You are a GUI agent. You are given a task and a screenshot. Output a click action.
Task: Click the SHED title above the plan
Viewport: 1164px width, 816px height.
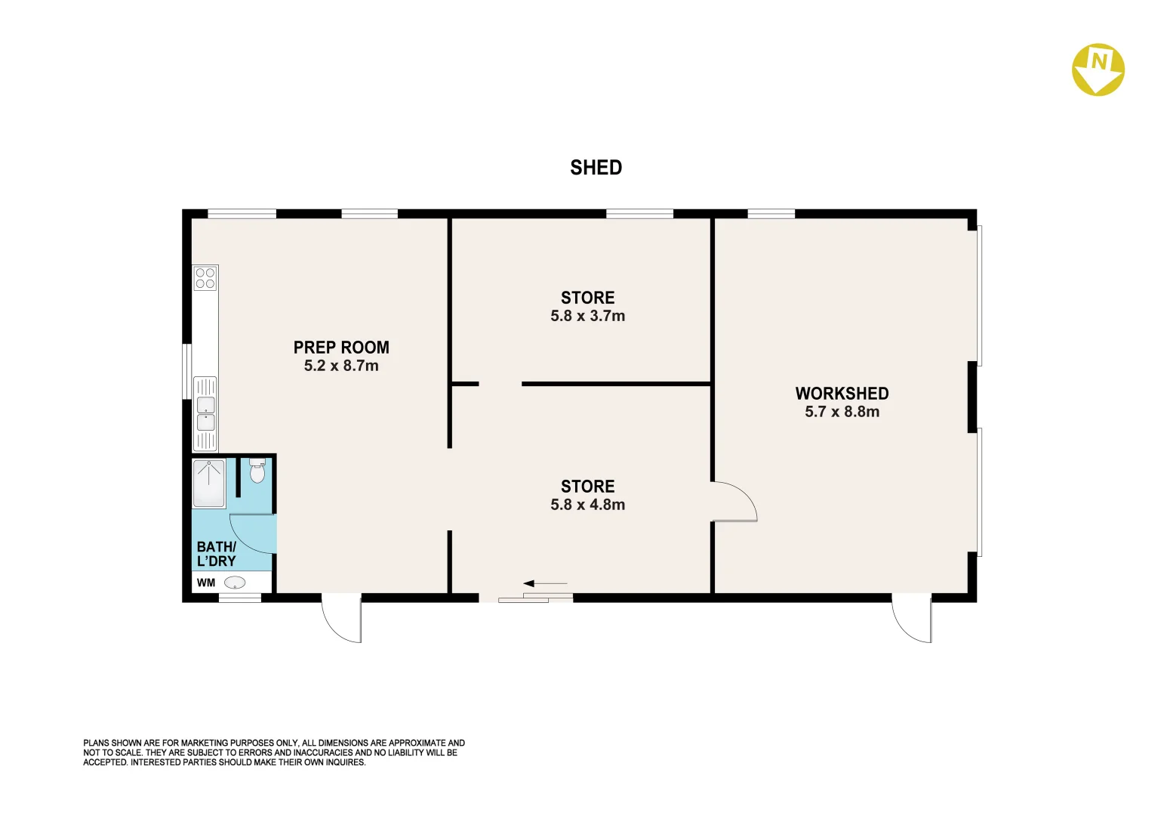(x=596, y=168)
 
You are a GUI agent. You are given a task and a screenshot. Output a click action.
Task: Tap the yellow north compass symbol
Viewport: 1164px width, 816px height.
(x=1098, y=70)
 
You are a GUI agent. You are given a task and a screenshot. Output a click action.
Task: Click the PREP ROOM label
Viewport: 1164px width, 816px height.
(x=341, y=348)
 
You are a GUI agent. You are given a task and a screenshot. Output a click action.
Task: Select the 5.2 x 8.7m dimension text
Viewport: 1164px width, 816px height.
(x=341, y=366)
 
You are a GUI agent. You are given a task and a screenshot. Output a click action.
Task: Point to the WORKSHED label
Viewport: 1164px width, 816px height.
(x=842, y=394)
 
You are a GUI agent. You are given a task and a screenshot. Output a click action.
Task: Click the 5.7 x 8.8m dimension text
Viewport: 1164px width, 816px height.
(x=842, y=412)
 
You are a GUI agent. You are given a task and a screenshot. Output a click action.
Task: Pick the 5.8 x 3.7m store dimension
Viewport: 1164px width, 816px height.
(x=587, y=316)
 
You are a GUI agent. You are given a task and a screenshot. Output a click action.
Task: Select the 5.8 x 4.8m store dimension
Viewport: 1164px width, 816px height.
(x=587, y=505)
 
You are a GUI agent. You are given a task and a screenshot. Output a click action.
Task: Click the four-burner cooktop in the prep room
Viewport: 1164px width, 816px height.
(x=205, y=278)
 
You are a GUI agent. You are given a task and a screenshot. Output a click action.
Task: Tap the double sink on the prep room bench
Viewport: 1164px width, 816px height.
(x=205, y=413)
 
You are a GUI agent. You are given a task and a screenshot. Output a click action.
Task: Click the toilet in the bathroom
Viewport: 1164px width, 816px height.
(x=257, y=471)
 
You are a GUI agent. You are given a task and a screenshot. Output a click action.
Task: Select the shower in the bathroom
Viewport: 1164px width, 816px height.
(x=209, y=484)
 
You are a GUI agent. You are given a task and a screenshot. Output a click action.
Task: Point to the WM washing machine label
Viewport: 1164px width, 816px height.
(x=206, y=583)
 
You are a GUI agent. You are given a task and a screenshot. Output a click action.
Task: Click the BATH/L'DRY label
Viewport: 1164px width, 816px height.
(x=217, y=554)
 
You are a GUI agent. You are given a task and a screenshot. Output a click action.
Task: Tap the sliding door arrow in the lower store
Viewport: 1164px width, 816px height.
(x=544, y=583)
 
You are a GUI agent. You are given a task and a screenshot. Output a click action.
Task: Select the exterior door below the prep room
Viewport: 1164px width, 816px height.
(x=342, y=617)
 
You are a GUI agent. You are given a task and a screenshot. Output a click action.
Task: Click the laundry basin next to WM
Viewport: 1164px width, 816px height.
(x=235, y=583)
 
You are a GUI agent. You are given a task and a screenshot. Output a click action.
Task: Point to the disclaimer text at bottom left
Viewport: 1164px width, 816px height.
(x=273, y=753)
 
